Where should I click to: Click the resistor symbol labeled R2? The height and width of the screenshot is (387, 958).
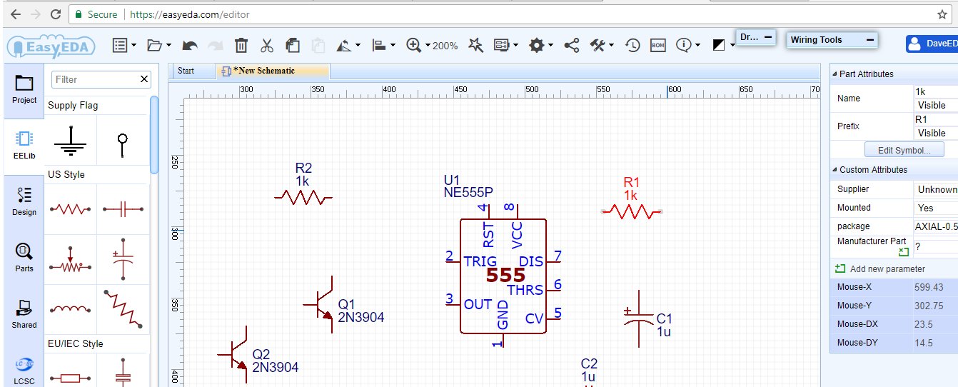pos(303,197)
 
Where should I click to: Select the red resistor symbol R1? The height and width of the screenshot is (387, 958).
pos(631,211)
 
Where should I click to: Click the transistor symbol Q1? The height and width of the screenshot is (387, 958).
pos(323,304)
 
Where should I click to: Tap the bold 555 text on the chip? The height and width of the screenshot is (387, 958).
pos(505,276)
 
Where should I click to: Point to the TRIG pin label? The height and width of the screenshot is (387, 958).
pos(480,261)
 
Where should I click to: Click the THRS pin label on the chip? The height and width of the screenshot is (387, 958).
pos(525,290)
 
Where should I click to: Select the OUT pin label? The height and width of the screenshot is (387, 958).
pos(478,304)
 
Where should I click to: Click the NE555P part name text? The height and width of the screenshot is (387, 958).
pos(468,192)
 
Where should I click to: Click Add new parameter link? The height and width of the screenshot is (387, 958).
pos(887,269)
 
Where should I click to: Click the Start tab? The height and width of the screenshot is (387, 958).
pos(186,71)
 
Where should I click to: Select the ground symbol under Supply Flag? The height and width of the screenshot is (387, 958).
pos(71,141)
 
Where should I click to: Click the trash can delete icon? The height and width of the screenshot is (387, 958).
pos(241,46)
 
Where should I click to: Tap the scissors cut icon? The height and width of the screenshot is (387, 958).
pos(267,46)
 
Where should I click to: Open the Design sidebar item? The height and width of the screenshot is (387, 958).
pos(24,201)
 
